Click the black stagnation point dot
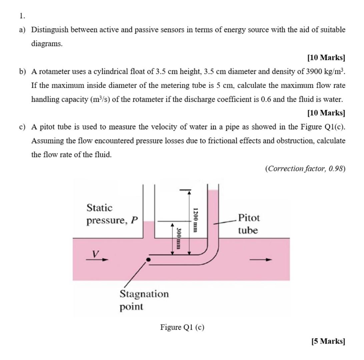pyautogui.click(x=149, y=259)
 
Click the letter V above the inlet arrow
pyautogui.click(x=96, y=254)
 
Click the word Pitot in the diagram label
pyautogui.click(x=249, y=218)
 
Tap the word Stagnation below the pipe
pyautogui.click(x=144, y=294)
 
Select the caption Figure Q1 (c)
pyautogui.click(x=182, y=327)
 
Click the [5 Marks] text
pyautogui.click(x=328, y=341)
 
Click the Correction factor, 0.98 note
pyautogui.click(x=305, y=169)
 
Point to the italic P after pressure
pyautogui.click(x=134, y=221)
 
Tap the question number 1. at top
pyautogui.click(x=22, y=16)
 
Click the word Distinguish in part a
pyautogui.click(x=50, y=30)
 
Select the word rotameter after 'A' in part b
pyautogui.click(x=54, y=71)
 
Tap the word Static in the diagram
pyautogui.click(x=99, y=208)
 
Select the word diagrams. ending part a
pyautogui.click(x=47, y=44)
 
